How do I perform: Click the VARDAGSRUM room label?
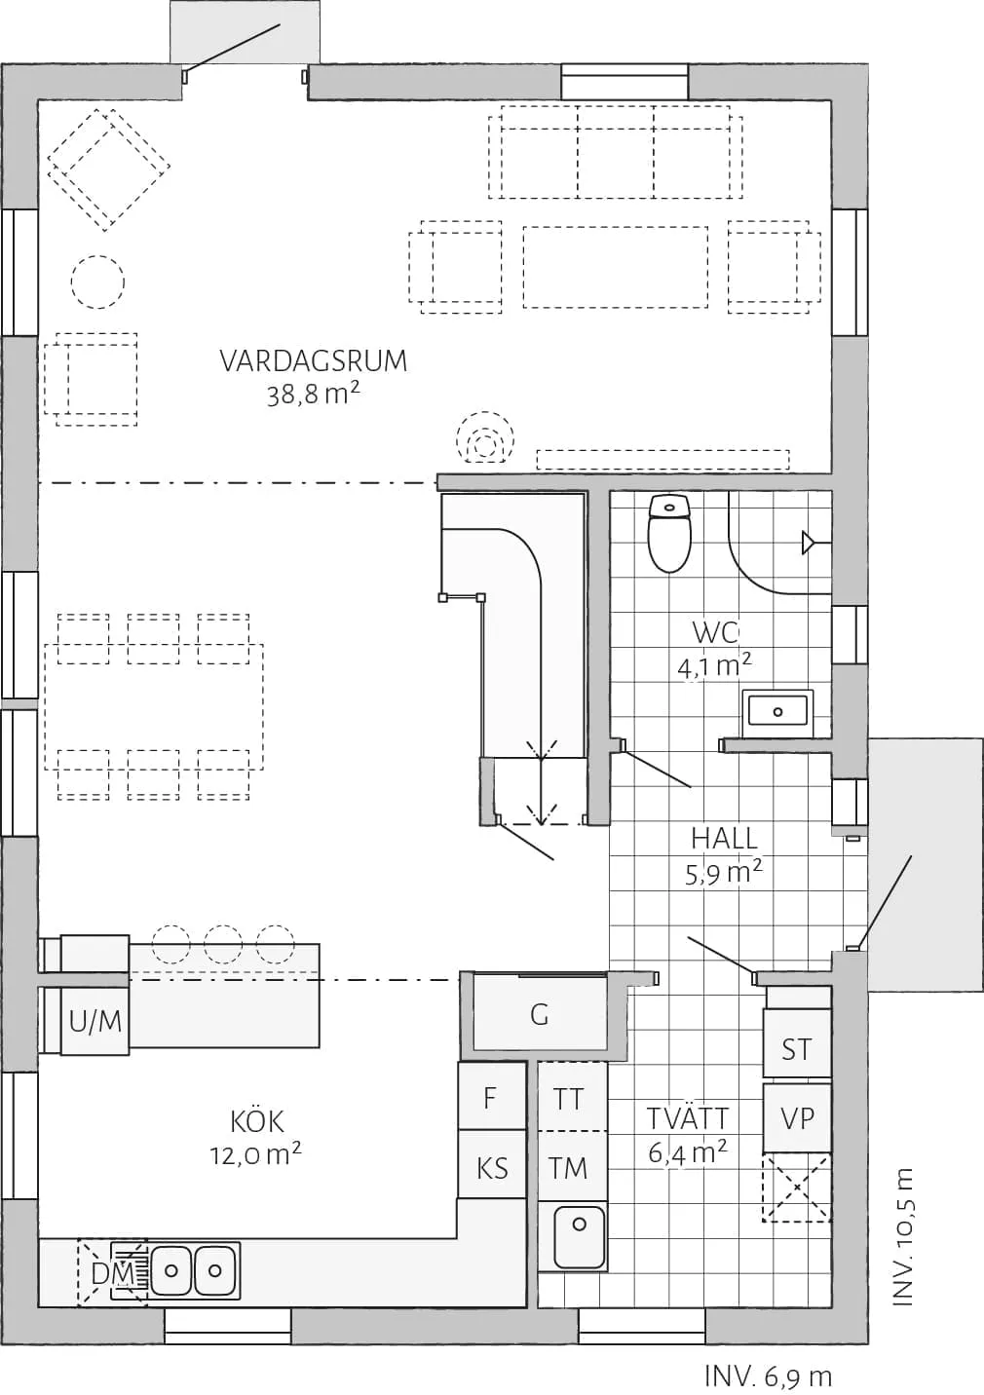pyautogui.click(x=313, y=361)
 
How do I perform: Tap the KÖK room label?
pyautogui.click(x=257, y=1121)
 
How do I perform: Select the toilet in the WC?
pyautogui.click(x=669, y=534)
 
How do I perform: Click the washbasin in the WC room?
pyautogui.click(x=777, y=711)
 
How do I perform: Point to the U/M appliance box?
pyautogui.click(x=95, y=1021)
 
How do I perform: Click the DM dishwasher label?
pyautogui.click(x=112, y=1273)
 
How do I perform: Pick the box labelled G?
pyautogui.click(x=540, y=1015)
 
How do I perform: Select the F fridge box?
pyautogui.click(x=490, y=1098)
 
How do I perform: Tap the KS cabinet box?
pyautogui.click(x=492, y=1167)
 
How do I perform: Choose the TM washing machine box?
pyautogui.click(x=569, y=1167)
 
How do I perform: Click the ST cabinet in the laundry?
pyautogui.click(x=796, y=1049)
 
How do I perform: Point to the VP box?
pyautogui.click(x=796, y=1117)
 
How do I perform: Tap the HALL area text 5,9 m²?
pyautogui.click(x=723, y=873)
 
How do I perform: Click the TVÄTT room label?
pyautogui.click(x=688, y=1118)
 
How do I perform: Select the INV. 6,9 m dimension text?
pyautogui.click(x=768, y=1376)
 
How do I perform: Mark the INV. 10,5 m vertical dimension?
pyautogui.click(x=904, y=1237)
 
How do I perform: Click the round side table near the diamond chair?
pyautogui.click(x=97, y=282)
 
